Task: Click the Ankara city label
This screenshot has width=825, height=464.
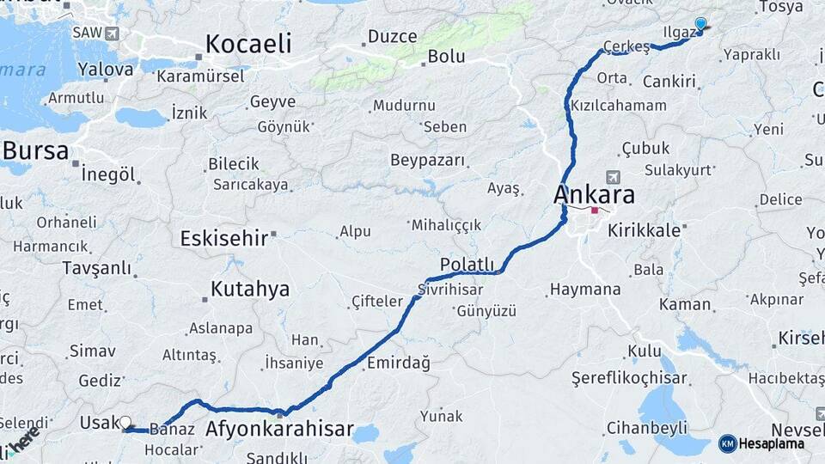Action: [594, 194]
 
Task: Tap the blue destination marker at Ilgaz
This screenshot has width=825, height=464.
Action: [700, 25]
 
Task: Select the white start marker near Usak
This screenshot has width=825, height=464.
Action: [125, 422]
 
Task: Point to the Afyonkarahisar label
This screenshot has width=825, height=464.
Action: [280, 429]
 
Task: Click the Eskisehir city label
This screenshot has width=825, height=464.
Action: [223, 238]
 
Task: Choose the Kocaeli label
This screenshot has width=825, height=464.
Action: [248, 44]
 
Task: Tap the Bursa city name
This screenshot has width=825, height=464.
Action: [35, 151]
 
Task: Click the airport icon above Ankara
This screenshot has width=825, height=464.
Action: [613, 177]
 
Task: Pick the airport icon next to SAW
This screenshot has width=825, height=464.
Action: [112, 34]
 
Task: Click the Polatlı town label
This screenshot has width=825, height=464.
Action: [467, 264]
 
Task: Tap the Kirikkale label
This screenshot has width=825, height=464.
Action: [644, 231]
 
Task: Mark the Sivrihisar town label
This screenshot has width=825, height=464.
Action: [451, 289]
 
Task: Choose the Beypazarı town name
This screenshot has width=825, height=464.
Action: [427, 161]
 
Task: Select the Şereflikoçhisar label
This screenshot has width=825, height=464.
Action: [630, 378]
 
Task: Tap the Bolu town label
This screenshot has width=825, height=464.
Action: [447, 57]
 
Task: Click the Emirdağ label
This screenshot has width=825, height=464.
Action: [398, 363]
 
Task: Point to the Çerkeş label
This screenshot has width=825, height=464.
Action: [626, 46]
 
